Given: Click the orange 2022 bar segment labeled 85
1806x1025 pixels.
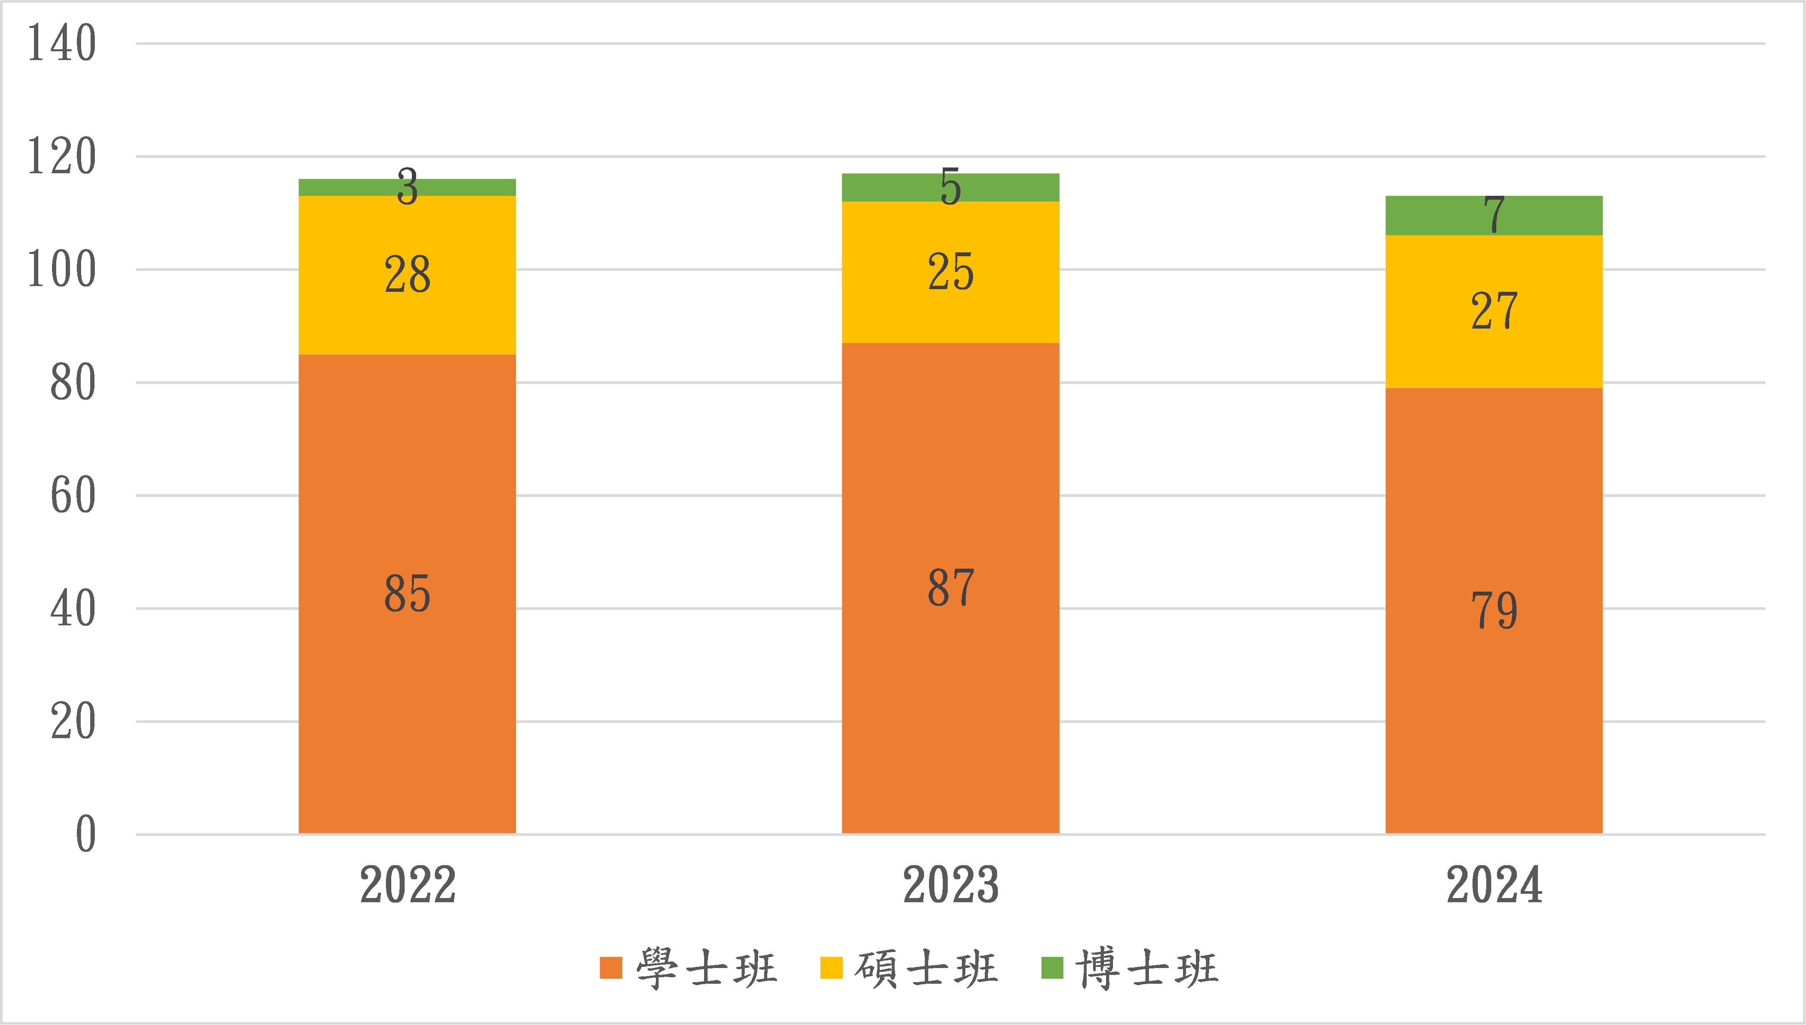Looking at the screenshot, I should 407,594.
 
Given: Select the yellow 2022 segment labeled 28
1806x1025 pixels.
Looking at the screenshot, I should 407,275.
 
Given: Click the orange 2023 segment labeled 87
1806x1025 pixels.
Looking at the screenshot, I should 950,588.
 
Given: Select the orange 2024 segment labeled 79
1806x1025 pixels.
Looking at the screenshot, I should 1494,610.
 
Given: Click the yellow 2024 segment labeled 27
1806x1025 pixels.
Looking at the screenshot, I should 1494,311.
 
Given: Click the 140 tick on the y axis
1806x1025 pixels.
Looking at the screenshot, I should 61,44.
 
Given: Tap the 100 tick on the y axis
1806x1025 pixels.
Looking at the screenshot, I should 61,270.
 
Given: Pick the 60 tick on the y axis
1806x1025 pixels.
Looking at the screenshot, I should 73,496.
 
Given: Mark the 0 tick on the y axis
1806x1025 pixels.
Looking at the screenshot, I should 85,835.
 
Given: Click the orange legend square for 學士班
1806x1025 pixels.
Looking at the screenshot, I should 611,968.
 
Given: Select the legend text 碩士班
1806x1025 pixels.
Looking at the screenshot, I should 926,968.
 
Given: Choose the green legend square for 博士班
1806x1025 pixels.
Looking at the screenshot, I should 1051,968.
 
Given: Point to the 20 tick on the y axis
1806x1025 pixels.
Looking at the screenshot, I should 73,722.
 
